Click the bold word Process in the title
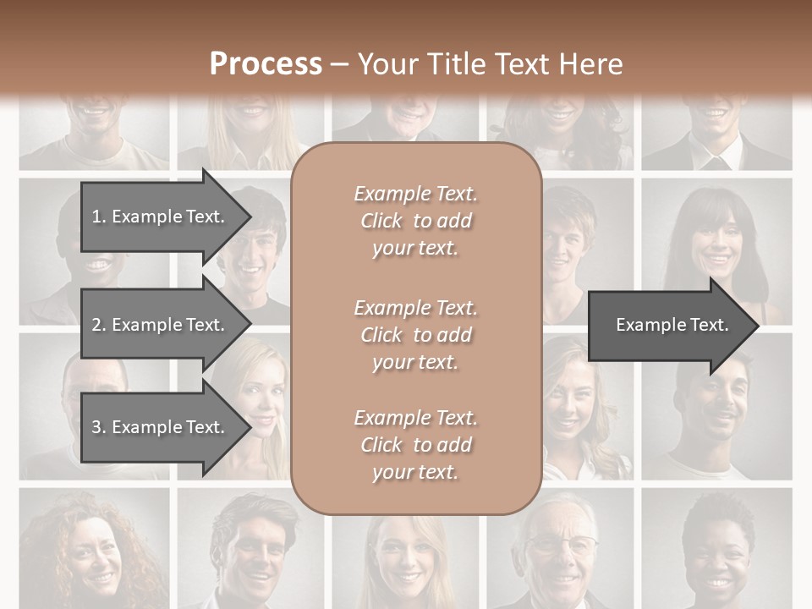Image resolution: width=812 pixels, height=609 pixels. [x=266, y=64]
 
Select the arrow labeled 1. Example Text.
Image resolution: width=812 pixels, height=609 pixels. [x=161, y=217]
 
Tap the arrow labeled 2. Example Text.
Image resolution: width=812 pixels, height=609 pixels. [x=161, y=325]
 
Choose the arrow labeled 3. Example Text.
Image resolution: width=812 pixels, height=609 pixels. [x=161, y=427]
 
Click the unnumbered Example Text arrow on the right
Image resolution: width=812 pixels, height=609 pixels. [x=672, y=325]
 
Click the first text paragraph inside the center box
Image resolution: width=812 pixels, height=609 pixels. [x=416, y=221]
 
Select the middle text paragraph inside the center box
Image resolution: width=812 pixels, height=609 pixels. [x=416, y=334]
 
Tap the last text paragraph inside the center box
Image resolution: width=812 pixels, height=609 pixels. [x=416, y=445]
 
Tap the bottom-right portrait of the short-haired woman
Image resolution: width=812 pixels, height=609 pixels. [x=717, y=550]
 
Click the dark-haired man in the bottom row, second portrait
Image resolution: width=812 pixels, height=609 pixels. [x=250, y=550]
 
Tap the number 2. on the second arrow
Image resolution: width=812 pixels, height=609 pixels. [x=98, y=325]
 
